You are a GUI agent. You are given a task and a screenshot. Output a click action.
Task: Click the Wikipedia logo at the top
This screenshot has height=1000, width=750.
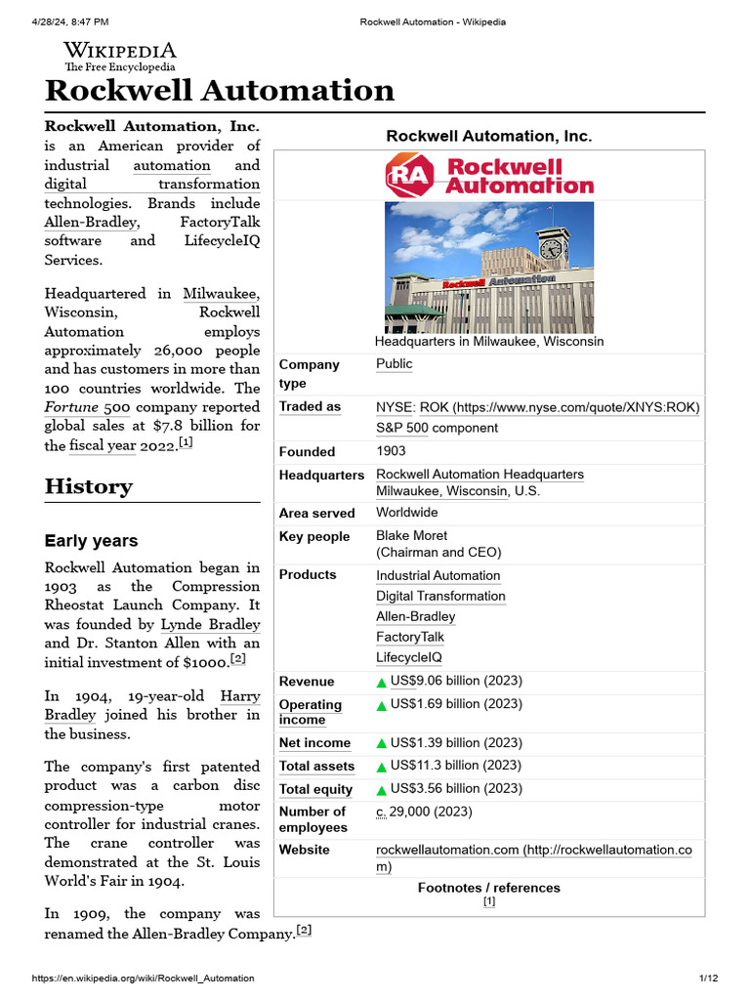119,57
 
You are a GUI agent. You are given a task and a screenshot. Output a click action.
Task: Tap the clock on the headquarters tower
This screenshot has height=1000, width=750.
552,249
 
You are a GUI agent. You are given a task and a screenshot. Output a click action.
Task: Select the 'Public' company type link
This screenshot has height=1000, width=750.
395,364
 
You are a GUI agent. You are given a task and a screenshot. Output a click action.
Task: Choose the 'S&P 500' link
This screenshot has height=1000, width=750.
402,428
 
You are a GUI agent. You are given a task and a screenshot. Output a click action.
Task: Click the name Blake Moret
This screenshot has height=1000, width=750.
412,535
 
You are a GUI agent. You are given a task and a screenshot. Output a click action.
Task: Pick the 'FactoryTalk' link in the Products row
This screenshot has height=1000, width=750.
410,637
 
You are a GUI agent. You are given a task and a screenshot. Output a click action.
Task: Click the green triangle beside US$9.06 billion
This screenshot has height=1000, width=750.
382,682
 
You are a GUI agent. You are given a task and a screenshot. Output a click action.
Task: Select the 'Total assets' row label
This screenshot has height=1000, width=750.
316,767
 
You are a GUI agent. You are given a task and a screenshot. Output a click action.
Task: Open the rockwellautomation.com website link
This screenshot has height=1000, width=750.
447,850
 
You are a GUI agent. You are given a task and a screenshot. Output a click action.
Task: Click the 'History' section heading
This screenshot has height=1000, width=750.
89,486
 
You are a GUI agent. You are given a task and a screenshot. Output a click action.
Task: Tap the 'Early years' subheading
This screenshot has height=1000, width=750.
92,541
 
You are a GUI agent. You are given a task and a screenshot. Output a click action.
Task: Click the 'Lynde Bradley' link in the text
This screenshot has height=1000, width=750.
210,624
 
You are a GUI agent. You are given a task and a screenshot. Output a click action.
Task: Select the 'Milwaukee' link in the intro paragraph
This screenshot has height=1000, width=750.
222,293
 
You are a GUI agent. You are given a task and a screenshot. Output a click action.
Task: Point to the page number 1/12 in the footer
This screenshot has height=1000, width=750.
708,979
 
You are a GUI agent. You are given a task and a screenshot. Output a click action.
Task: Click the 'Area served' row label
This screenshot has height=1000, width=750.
316,513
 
